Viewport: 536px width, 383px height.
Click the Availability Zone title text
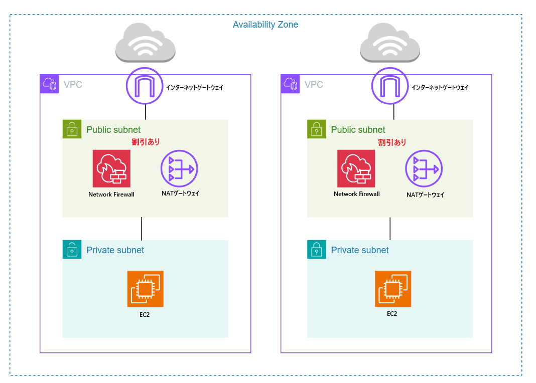(x=265, y=25)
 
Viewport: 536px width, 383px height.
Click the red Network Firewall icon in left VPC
(x=111, y=168)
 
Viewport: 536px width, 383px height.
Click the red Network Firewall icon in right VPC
(x=356, y=168)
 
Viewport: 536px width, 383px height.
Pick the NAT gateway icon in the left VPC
(x=179, y=168)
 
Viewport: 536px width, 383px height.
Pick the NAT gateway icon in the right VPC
(x=424, y=168)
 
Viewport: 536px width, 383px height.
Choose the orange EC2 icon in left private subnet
(x=145, y=289)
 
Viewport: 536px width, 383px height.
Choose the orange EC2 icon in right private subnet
(x=392, y=289)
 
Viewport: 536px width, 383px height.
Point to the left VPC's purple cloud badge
(x=50, y=84)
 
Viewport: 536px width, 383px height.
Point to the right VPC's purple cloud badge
(x=291, y=84)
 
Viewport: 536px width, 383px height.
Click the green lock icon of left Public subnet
(x=72, y=129)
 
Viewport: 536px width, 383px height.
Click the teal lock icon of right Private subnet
(x=316, y=249)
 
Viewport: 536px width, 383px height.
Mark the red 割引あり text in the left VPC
(x=146, y=142)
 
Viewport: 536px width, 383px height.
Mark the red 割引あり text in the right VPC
(x=392, y=142)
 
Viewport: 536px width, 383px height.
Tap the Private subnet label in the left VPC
(x=115, y=250)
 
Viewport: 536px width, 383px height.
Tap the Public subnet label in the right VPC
(x=358, y=130)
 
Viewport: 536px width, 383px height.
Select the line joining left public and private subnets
(x=142, y=229)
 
